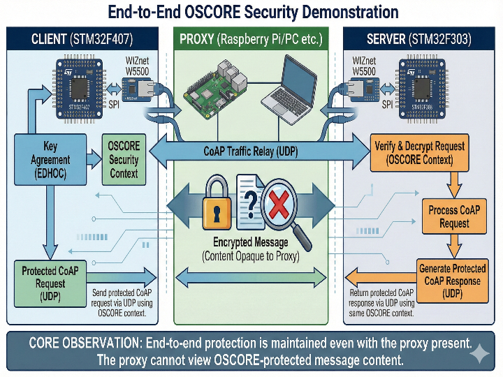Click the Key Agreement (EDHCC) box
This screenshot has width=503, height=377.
(x=50, y=159)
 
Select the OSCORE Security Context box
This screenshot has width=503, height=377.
(x=124, y=159)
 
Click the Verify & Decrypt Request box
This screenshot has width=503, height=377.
(x=419, y=153)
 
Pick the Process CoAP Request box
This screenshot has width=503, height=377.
(x=454, y=216)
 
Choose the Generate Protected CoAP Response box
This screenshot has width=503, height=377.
(x=452, y=280)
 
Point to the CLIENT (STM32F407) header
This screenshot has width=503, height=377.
(x=82, y=39)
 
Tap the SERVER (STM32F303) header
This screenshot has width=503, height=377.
(x=418, y=39)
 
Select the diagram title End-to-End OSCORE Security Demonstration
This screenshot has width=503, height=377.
(x=251, y=12)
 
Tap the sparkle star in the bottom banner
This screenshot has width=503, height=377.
(x=479, y=355)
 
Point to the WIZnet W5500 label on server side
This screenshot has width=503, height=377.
(x=363, y=66)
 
